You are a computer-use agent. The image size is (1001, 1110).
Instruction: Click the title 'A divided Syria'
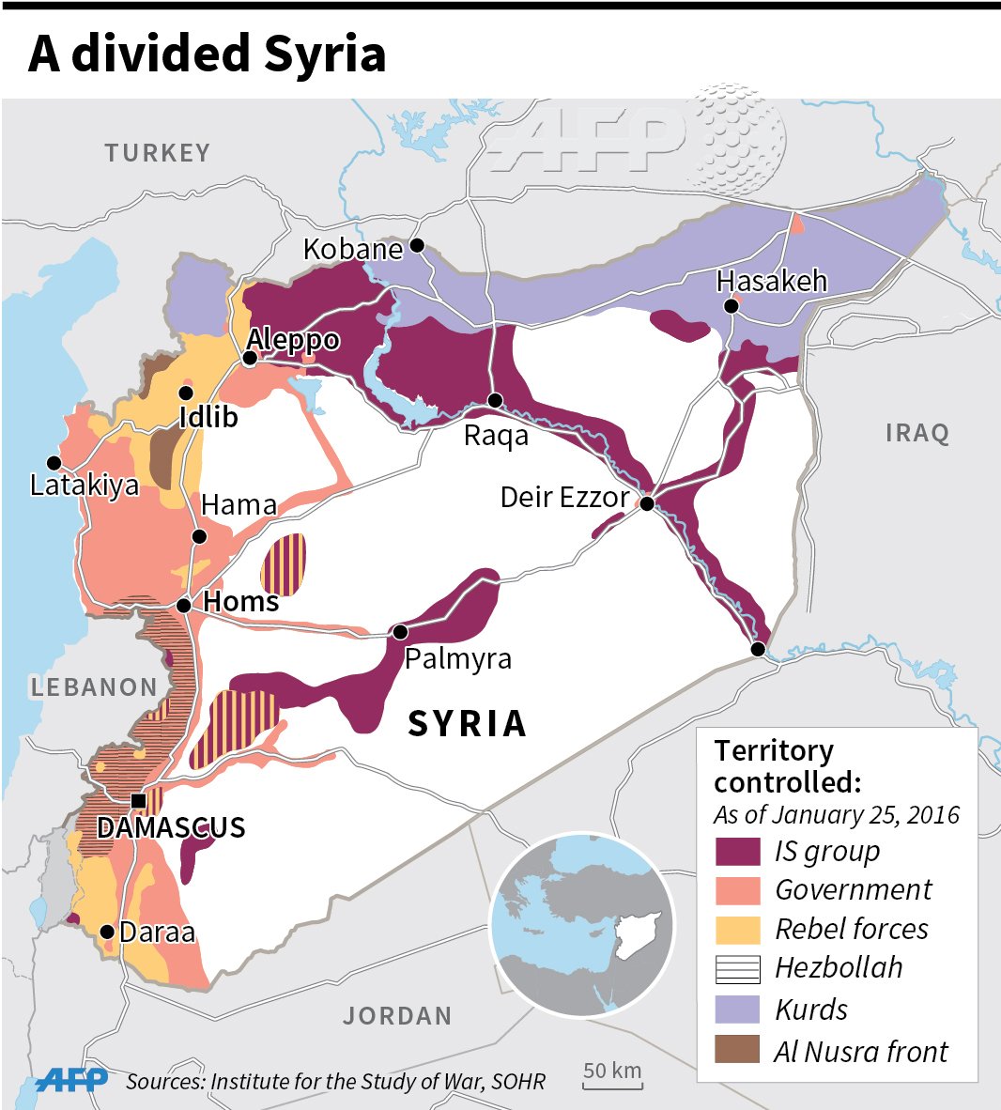(x=208, y=54)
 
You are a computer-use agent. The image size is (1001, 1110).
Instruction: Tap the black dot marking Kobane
(x=418, y=245)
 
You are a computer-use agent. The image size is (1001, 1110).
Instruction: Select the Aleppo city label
(x=293, y=339)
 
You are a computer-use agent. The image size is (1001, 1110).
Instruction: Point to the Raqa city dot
(x=496, y=401)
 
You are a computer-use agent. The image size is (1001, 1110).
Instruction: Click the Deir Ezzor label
(x=563, y=497)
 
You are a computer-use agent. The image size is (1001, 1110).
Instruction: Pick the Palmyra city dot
(x=401, y=631)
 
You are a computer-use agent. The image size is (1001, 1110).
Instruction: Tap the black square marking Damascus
(x=138, y=801)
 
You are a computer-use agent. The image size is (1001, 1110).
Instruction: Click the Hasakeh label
(x=771, y=281)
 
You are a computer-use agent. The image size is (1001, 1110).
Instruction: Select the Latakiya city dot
(x=54, y=463)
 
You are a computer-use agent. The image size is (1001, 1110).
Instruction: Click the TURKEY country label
(x=158, y=153)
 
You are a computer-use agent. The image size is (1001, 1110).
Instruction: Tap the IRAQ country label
(x=917, y=433)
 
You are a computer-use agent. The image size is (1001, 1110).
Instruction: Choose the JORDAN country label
(x=397, y=1016)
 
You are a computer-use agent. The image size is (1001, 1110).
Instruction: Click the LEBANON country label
(x=94, y=687)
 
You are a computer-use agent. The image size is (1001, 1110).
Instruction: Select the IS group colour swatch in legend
(x=737, y=851)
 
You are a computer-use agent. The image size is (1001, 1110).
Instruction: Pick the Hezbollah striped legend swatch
(x=737, y=968)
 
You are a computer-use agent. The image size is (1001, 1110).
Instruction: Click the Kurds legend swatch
(x=737, y=1010)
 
